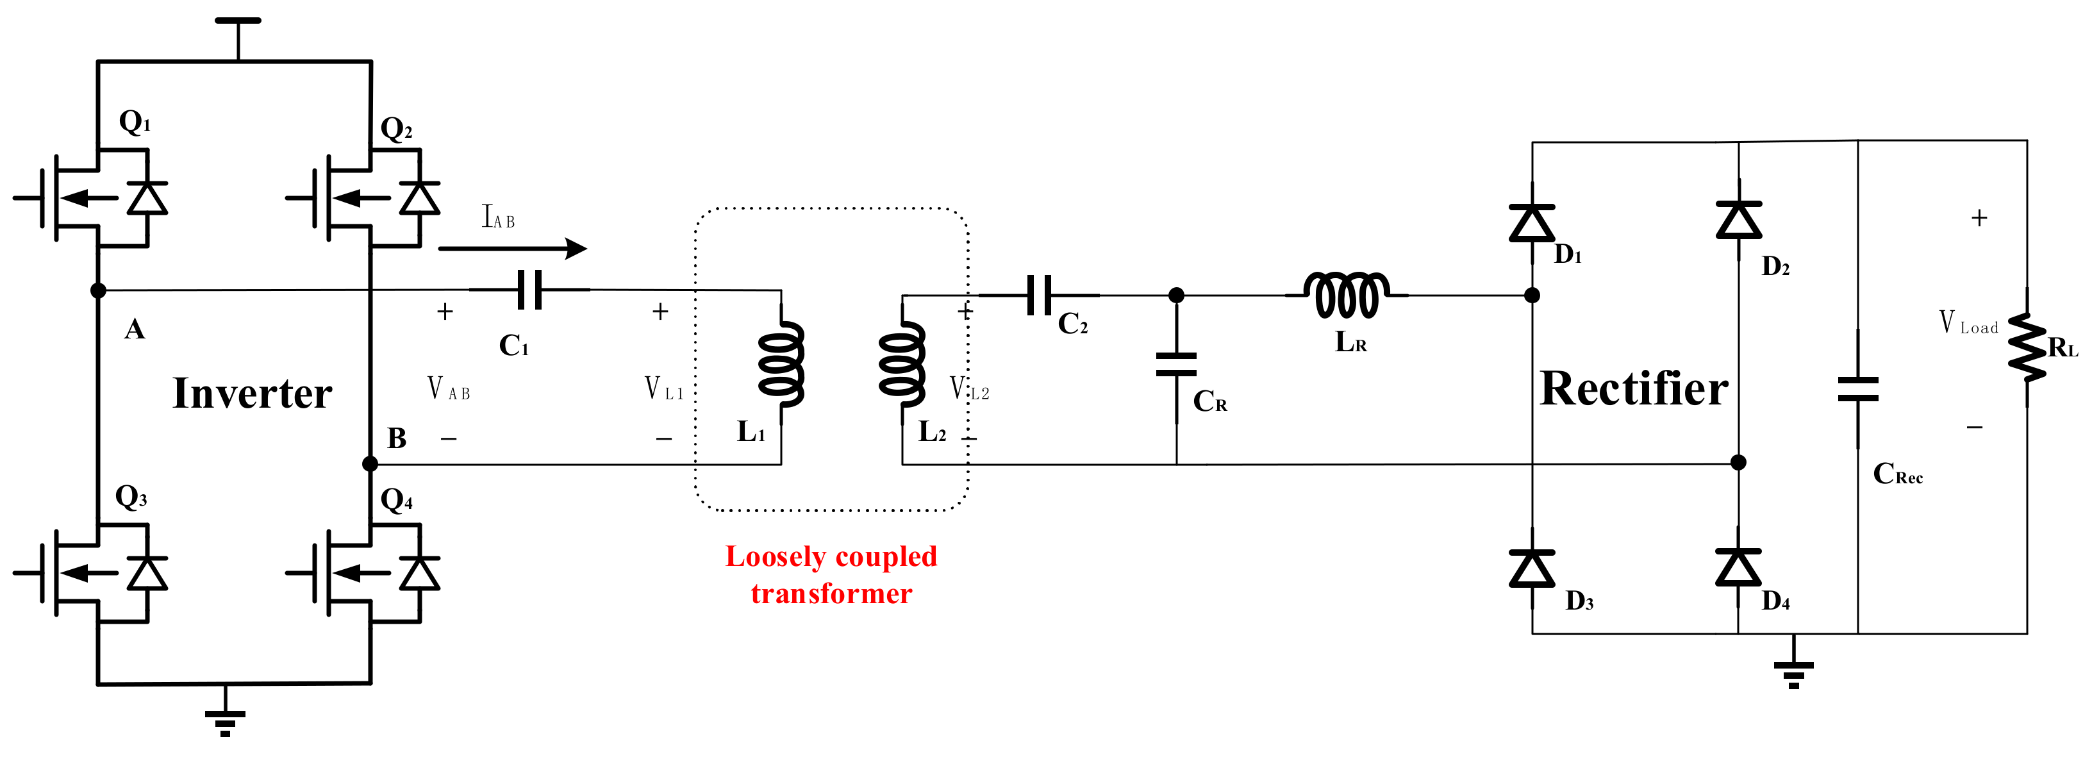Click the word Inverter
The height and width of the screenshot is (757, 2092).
tap(252, 394)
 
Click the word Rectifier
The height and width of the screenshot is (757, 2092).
tap(1634, 389)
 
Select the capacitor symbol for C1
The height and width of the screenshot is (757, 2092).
tap(530, 290)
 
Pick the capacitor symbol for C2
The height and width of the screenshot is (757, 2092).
tap(1040, 295)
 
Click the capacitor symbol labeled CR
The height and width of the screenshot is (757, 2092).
tap(1176, 365)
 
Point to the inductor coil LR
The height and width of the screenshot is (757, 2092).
tap(1346, 295)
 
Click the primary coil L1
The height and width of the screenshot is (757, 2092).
tap(781, 364)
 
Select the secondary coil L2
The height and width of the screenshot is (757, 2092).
tap(902, 364)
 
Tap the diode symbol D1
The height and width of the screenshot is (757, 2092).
tap(1532, 223)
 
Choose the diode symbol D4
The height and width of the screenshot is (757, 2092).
tap(1738, 568)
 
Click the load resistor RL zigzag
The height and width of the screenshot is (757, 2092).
tap(2027, 347)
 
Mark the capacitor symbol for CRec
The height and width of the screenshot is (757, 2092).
tap(1858, 389)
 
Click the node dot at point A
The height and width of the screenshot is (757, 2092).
tap(98, 290)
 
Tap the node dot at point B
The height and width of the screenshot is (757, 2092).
tap(370, 464)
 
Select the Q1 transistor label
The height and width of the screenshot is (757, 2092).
tap(135, 122)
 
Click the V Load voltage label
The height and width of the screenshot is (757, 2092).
tap(1968, 323)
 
